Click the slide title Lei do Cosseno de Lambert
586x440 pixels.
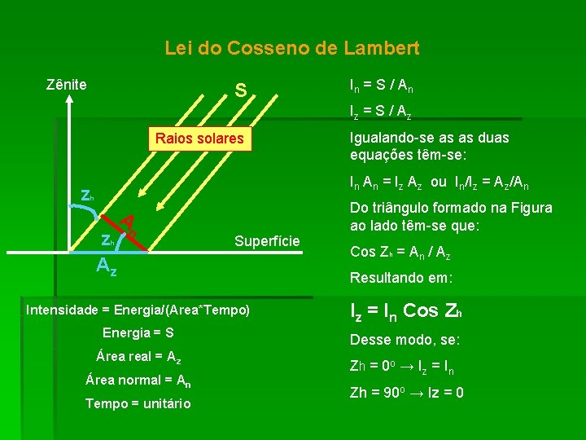(292, 48)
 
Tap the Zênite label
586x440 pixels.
(67, 84)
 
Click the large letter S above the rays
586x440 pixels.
(241, 90)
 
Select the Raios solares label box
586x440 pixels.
(199, 139)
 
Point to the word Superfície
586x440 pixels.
(267, 240)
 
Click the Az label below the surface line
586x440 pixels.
(106, 266)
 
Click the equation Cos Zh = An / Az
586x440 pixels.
(400, 252)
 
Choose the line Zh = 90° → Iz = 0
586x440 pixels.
(407, 393)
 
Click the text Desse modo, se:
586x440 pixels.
(405, 340)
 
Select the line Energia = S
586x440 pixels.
(138, 332)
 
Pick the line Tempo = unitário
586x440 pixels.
(138, 403)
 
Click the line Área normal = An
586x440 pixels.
(138, 380)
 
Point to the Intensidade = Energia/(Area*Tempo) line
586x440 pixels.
(138, 310)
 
